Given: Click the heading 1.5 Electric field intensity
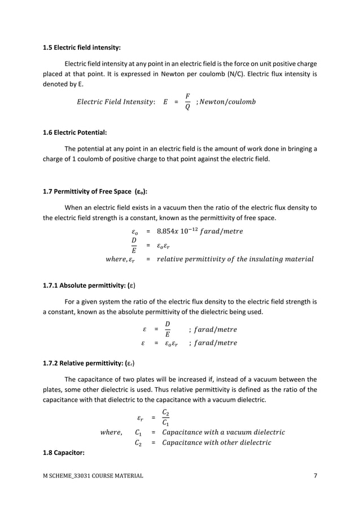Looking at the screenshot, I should click(82, 48).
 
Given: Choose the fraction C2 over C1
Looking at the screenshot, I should click(164, 418).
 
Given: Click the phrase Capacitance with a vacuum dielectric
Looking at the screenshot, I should click(223, 432).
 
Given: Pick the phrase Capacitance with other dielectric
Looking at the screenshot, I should click(216, 442).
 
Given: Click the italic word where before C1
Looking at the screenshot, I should click(111, 432).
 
